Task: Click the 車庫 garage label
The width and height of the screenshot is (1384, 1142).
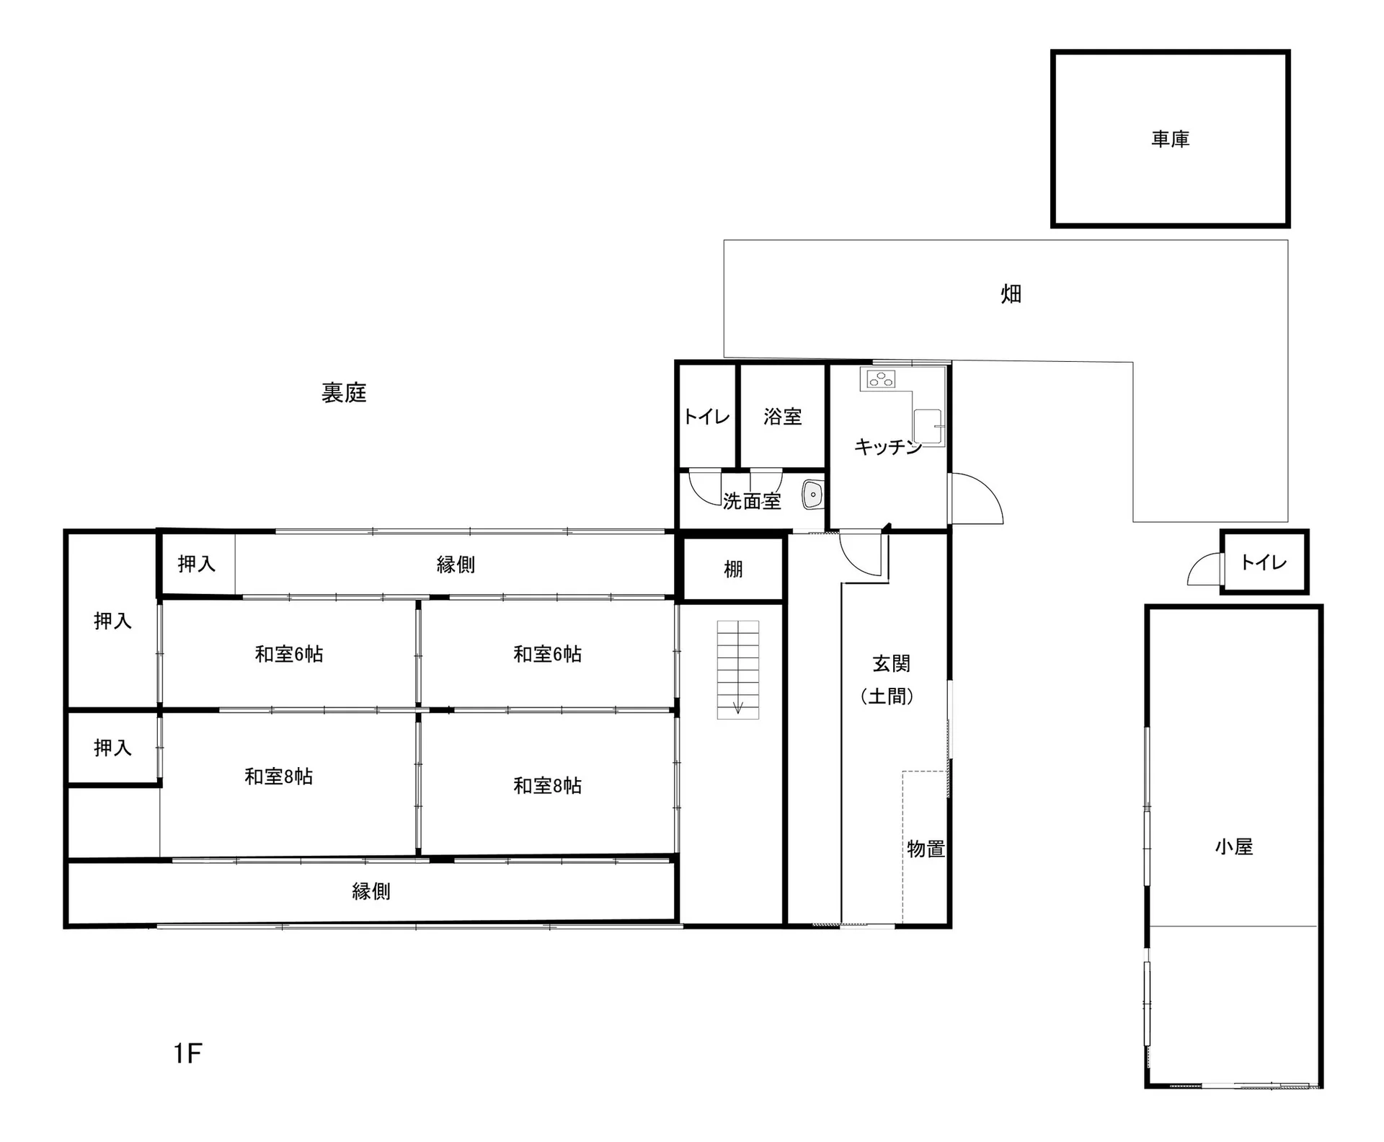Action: click(1170, 139)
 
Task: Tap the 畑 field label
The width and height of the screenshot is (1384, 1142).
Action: click(1011, 294)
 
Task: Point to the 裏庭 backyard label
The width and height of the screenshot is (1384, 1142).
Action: click(344, 393)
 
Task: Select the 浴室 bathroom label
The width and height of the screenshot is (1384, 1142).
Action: click(783, 417)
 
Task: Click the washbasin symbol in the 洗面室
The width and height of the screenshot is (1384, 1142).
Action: click(812, 495)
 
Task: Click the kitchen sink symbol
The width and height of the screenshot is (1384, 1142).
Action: click(928, 427)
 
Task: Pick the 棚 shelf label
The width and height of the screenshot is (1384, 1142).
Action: click(733, 570)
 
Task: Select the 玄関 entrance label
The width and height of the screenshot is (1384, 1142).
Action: click(892, 663)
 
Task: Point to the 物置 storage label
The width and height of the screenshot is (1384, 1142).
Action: click(926, 849)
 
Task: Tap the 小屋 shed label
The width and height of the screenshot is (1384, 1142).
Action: click(1234, 847)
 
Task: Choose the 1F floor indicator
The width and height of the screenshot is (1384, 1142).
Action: click(188, 1054)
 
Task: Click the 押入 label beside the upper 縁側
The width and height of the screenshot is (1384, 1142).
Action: click(196, 564)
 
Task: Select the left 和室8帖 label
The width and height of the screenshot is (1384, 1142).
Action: click(279, 776)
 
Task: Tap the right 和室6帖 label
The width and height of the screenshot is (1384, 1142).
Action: click(547, 655)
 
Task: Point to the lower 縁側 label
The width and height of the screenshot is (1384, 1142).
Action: click(371, 892)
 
